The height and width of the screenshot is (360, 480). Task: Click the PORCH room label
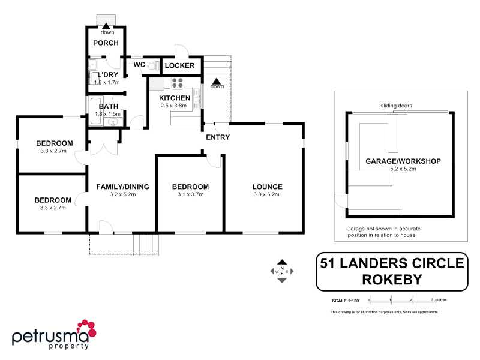(x=105, y=43)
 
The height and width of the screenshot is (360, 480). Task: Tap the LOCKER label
(x=179, y=65)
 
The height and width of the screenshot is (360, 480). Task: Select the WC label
(x=139, y=64)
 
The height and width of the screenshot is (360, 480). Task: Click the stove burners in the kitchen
(x=178, y=83)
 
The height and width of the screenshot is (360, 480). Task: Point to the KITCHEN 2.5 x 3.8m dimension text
(x=173, y=106)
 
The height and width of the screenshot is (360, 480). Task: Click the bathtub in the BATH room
(x=95, y=110)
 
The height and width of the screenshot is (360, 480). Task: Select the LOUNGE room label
(x=267, y=187)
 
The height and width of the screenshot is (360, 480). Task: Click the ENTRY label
(x=217, y=137)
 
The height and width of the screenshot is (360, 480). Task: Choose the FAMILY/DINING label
(x=122, y=187)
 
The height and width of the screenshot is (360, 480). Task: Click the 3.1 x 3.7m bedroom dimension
(x=191, y=194)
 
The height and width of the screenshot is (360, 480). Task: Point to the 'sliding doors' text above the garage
(x=396, y=106)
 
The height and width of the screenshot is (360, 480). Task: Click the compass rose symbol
(x=282, y=271)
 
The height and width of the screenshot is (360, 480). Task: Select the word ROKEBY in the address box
(x=391, y=280)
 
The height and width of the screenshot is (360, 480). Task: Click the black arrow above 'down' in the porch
(x=107, y=26)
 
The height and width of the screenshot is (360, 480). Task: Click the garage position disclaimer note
(x=381, y=232)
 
